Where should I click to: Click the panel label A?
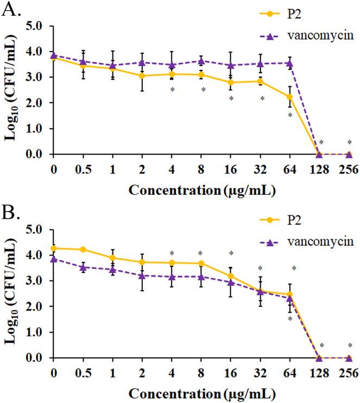12,10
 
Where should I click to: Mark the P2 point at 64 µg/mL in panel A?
290,97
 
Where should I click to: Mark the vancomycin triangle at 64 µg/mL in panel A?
290,63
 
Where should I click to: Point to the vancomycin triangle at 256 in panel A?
349,154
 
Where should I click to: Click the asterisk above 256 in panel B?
349,346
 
